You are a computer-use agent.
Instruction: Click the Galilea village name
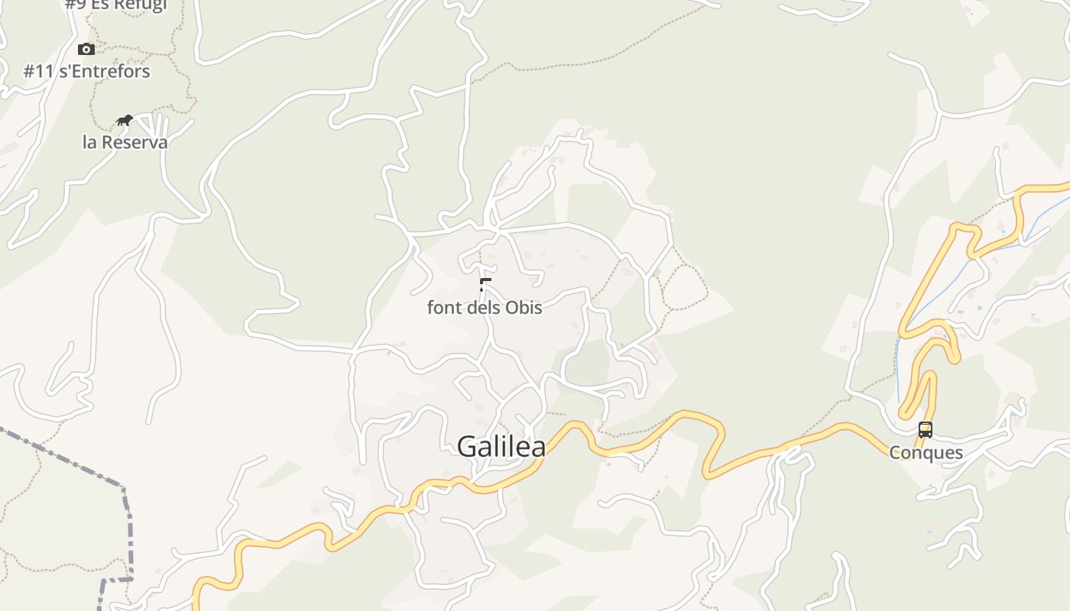501,447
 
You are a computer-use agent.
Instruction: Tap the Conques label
926,453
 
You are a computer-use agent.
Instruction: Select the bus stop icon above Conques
925,429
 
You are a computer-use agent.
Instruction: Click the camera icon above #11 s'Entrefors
86,50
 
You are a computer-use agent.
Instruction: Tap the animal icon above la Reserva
125,120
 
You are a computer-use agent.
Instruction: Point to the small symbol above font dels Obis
485,285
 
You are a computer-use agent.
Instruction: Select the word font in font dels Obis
442,308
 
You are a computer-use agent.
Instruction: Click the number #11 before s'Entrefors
38,72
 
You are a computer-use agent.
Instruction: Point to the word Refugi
140,5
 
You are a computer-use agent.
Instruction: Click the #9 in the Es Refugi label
75,5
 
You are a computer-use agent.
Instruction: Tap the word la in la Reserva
90,143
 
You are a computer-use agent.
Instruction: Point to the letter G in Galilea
468,447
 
